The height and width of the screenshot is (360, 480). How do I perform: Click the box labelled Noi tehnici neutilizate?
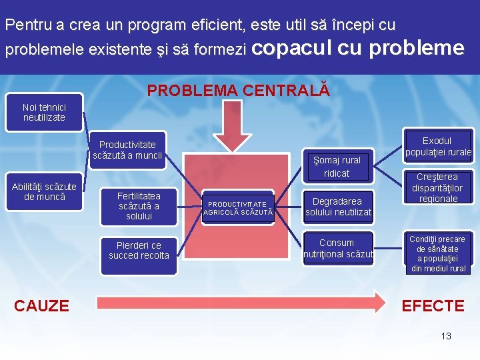[x=44, y=112]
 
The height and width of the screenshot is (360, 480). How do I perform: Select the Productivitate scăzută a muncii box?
[x=127, y=149]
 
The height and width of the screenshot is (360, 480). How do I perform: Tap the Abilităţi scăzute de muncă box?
[x=44, y=192]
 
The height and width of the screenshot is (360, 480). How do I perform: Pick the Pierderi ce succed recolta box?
[x=139, y=250]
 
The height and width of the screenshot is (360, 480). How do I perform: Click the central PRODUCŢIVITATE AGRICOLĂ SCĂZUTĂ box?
[x=238, y=207]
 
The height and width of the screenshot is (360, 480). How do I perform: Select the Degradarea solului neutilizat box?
[x=338, y=206]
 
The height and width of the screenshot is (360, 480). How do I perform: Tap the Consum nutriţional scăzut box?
[x=337, y=248]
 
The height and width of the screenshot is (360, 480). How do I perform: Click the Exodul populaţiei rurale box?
[x=437, y=146]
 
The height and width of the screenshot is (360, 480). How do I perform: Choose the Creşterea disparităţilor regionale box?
[x=437, y=188]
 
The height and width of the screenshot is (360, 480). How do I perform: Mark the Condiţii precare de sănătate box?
[x=437, y=253]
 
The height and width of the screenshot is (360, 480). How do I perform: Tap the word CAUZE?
[x=41, y=306]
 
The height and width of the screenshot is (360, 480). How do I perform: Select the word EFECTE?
[x=432, y=306]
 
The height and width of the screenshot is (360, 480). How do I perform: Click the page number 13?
[x=446, y=336]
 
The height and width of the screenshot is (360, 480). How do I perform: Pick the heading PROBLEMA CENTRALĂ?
[x=238, y=90]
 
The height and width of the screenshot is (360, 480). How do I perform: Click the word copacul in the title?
[x=293, y=48]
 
